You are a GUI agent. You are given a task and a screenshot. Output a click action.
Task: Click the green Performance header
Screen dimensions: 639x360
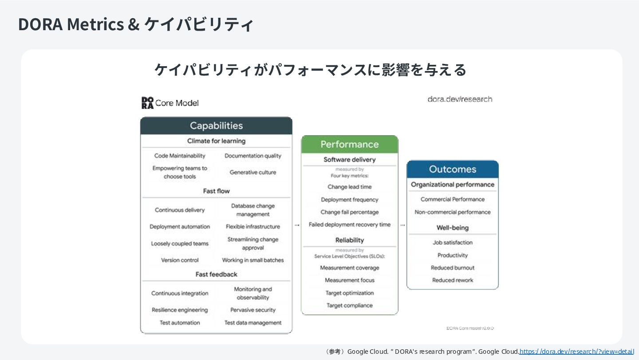(x=350, y=144)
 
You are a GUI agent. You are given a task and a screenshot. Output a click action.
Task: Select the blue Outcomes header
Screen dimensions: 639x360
(x=452, y=169)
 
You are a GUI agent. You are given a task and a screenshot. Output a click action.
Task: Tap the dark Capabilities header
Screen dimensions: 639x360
(x=216, y=126)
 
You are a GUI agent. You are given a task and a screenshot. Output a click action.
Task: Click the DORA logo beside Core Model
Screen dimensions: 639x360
(x=147, y=103)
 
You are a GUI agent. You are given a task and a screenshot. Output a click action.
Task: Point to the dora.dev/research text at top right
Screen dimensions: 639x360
(x=460, y=99)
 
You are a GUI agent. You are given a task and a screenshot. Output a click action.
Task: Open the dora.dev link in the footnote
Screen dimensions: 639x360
(x=576, y=352)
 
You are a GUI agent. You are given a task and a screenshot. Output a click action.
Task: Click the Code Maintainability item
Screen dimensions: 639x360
(x=180, y=156)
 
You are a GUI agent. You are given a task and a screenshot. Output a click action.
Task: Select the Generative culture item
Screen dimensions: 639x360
(x=252, y=172)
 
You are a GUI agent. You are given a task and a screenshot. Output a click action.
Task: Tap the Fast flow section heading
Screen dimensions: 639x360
(x=216, y=191)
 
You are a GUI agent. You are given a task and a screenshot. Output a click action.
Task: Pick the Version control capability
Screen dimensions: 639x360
(x=180, y=260)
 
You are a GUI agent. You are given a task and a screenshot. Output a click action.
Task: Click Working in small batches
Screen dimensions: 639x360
(x=252, y=260)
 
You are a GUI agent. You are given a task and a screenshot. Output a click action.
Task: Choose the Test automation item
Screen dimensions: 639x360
(x=180, y=323)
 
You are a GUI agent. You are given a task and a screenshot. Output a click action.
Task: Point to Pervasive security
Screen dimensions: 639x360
(x=252, y=310)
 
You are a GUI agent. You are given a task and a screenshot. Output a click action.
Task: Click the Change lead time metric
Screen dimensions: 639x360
(x=350, y=187)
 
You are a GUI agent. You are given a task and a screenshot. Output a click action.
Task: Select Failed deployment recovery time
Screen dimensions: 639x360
(x=350, y=225)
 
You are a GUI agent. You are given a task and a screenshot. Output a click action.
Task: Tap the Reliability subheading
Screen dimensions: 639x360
(x=350, y=240)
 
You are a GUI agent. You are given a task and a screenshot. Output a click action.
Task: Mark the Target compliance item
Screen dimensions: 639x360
(x=350, y=305)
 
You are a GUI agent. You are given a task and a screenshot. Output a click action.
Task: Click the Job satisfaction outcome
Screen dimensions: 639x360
(x=452, y=242)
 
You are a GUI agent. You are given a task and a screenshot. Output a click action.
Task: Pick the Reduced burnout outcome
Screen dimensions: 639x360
(x=452, y=268)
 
